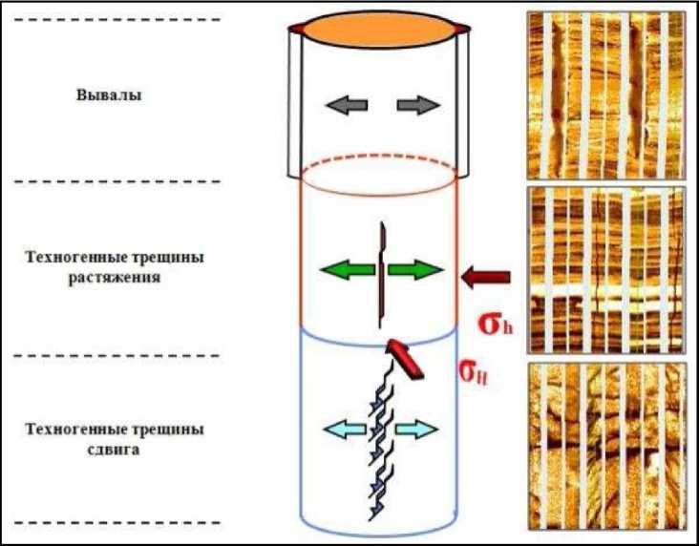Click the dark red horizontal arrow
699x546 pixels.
(485, 278)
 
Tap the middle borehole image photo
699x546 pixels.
(605, 270)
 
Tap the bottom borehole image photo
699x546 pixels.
(605, 446)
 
